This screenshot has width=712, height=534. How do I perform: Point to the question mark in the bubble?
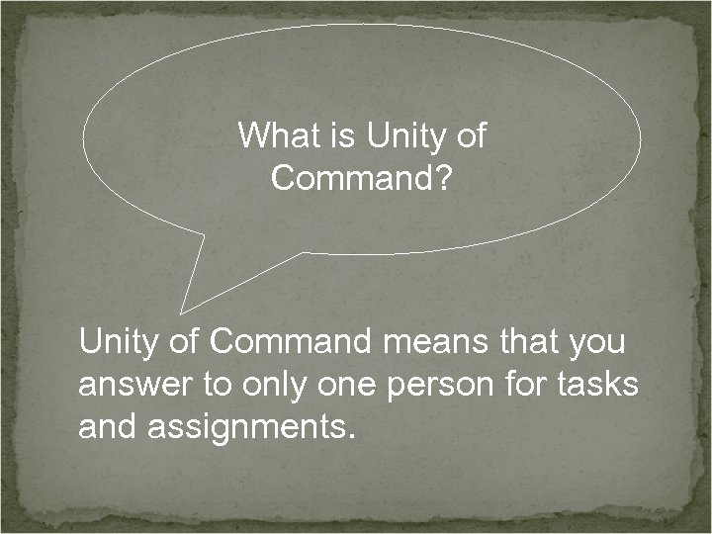[x=442, y=179]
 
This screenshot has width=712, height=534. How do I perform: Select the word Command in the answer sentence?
[x=289, y=342]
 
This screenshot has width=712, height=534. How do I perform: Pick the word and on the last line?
[x=107, y=428]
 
